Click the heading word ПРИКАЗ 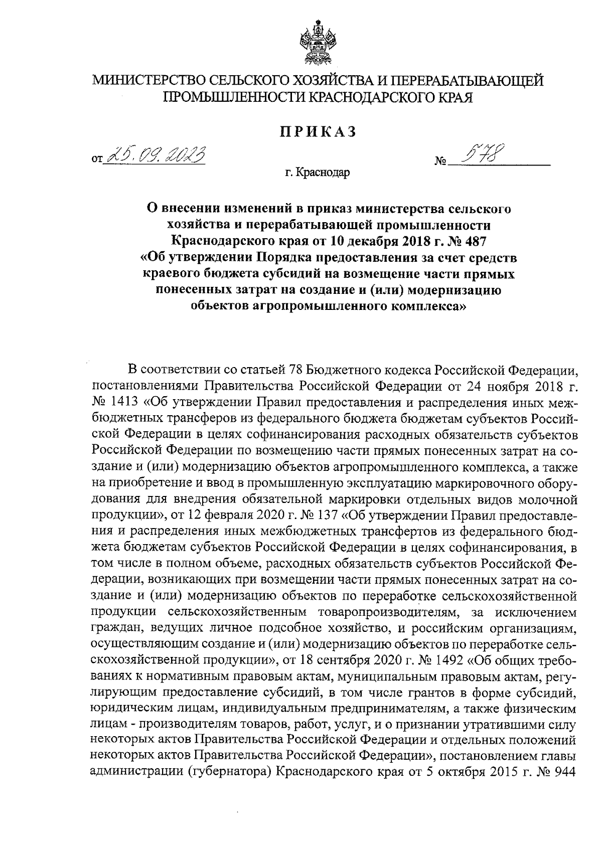coord(318,131)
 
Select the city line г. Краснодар coord(318,174)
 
